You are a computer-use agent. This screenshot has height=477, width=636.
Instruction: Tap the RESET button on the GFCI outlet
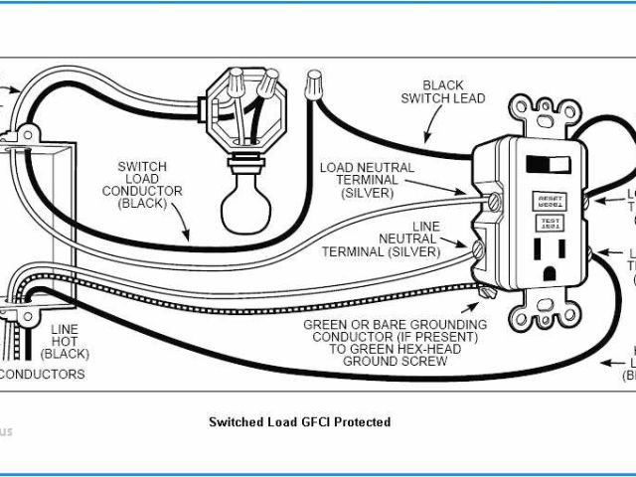(549, 200)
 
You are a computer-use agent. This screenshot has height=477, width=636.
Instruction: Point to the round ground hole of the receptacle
(551, 269)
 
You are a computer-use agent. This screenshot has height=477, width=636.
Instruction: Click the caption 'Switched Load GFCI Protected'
(299, 422)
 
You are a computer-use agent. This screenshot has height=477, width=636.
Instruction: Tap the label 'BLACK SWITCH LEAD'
(442, 92)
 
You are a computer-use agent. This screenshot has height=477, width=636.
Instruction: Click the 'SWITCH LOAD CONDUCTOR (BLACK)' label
(149, 184)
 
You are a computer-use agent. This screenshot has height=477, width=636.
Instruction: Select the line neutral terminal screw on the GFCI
(480, 248)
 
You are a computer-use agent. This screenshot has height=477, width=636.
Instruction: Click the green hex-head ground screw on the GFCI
(485, 292)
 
